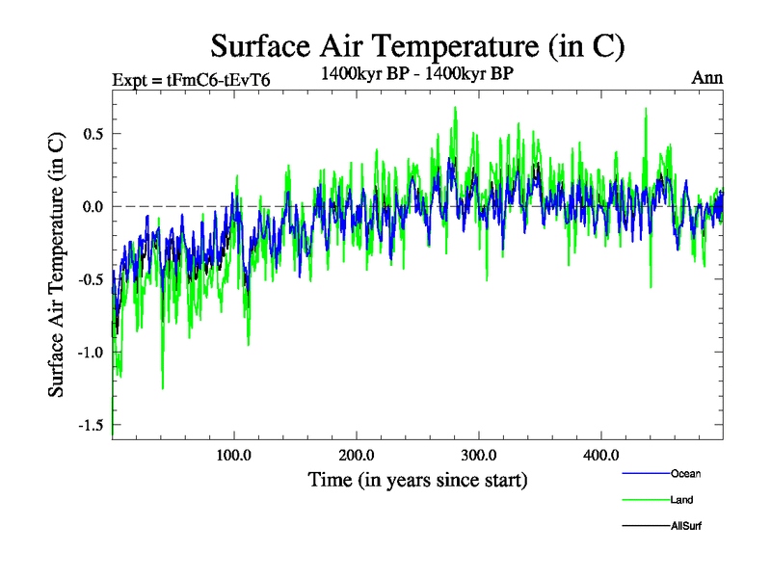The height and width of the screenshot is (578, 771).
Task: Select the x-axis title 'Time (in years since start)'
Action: (417, 479)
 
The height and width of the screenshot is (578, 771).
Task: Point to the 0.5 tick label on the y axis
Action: (93, 133)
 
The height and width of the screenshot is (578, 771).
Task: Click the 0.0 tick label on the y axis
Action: (93, 206)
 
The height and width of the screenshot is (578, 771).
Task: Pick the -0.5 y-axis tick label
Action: (90, 279)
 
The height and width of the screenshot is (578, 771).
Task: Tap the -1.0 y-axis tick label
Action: (90, 353)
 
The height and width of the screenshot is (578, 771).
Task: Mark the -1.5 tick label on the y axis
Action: (90, 425)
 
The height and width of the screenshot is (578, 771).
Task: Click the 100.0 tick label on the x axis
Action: (233, 455)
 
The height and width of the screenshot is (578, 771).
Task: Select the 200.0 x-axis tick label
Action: (356, 455)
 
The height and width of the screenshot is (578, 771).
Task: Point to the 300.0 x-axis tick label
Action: (478, 455)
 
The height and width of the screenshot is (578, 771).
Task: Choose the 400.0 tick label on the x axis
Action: (600, 455)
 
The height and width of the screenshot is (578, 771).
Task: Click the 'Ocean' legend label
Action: (686, 473)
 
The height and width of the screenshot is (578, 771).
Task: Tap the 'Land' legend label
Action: (682, 500)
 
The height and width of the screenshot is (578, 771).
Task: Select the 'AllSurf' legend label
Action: (686, 526)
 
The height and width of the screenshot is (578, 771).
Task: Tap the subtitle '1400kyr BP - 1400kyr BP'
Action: (417, 73)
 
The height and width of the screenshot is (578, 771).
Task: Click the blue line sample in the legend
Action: (644, 473)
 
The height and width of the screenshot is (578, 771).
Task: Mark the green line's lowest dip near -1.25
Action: (162, 388)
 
